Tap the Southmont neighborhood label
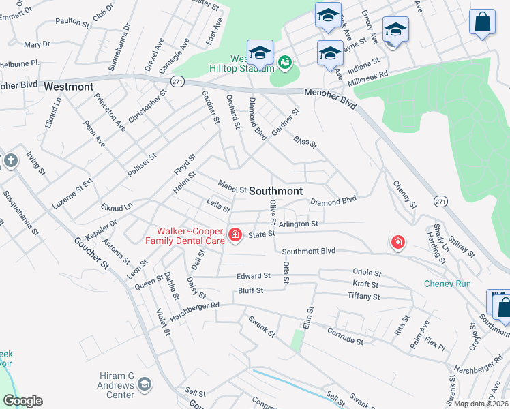pyautogui.click(x=275, y=191)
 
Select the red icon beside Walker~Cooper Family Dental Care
pyautogui.click(x=235, y=235)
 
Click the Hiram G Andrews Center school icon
pyautogui.click(x=145, y=385)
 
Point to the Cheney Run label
pyautogui.click(x=447, y=284)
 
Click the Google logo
pyautogui.click(x=22, y=401)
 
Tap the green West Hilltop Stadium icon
pyautogui.click(x=285, y=63)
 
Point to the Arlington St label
pyautogui.click(x=298, y=224)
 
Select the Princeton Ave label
pyautogui.click(x=110, y=112)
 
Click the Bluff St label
pyautogui.click(x=250, y=291)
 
